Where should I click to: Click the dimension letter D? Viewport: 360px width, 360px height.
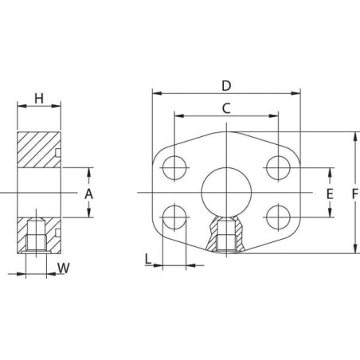tap(226, 86)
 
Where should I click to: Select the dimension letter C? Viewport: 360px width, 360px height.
tap(226, 108)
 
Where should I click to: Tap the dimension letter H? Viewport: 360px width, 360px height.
tap(39, 99)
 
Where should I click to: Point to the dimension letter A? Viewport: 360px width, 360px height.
tap(88, 194)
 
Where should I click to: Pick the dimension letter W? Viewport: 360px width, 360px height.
tap(64, 268)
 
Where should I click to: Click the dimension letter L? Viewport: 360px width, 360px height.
tap(148, 259)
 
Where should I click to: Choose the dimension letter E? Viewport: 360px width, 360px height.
tap(330, 194)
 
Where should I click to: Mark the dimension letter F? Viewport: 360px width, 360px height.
tap(355, 194)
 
